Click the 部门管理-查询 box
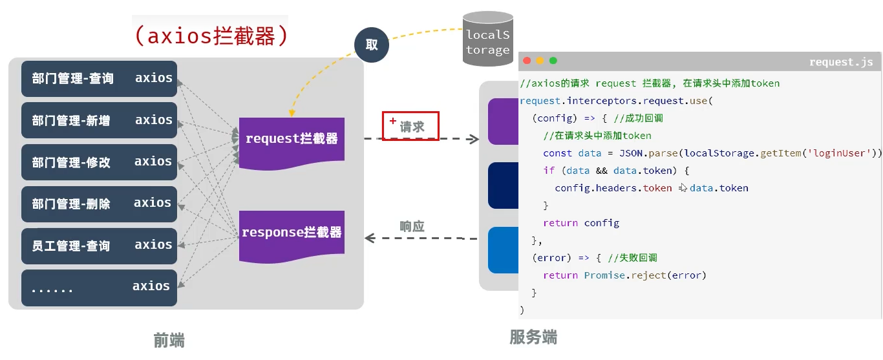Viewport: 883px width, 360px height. click(99, 79)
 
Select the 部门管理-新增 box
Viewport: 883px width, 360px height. click(99, 120)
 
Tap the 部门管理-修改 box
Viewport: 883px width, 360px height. click(99, 162)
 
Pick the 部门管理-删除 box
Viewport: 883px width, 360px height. click(99, 204)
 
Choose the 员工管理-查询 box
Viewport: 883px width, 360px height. click(99, 246)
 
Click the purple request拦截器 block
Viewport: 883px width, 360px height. click(292, 140)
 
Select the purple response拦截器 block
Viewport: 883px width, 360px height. click(292, 233)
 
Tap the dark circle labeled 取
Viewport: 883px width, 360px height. click(372, 45)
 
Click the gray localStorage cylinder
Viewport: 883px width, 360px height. click(487, 41)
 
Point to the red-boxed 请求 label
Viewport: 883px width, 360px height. click(410, 126)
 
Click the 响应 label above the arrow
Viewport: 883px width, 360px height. click(412, 226)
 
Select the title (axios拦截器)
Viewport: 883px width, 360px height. click(211, 36)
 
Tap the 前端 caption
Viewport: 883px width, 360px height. click(169, 340)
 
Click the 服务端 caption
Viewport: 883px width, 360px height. click(533, 337)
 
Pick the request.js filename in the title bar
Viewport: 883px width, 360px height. click(841, 62)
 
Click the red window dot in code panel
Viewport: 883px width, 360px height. click(527, 61)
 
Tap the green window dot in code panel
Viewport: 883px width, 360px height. click(553, 61)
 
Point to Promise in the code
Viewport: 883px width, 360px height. click(604, 275)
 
